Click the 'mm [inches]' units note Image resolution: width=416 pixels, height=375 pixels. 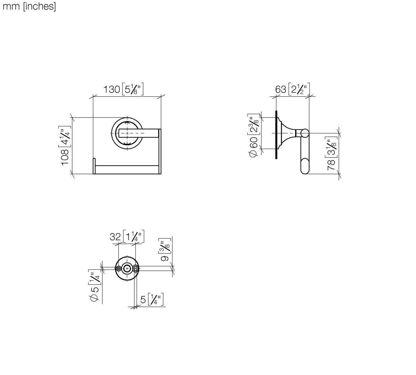(x=29, y=6)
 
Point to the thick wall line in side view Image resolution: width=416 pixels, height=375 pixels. (x=277, y=135)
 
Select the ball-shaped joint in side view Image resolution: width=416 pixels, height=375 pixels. (x=305, y=133)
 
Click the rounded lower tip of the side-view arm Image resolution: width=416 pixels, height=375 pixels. (x=305, y=170)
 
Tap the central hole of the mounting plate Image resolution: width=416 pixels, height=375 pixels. (x=127, y=268)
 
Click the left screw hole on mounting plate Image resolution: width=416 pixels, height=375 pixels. (x=119, y=268)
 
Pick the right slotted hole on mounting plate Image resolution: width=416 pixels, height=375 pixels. (x=136, y=268)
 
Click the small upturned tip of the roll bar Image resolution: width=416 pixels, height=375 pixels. (x=94, y=162)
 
